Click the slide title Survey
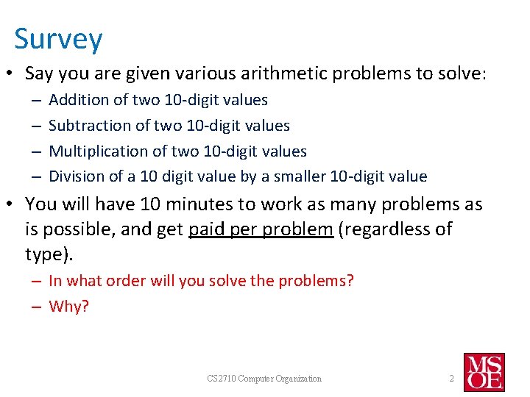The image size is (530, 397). (x=58, y=39)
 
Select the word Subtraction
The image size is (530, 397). (x=85, y=126)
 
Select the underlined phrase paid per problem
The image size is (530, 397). (x=261, y=229)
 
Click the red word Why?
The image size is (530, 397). (x=68, y=307)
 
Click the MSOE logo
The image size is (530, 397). (x=484, y=372)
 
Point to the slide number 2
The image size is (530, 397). (x=451, y=379)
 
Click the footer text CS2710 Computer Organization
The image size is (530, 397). (x=264, y=379)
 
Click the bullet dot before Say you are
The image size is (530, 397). (x=14, y=74)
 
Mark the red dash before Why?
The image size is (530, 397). (x=35, y=307)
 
